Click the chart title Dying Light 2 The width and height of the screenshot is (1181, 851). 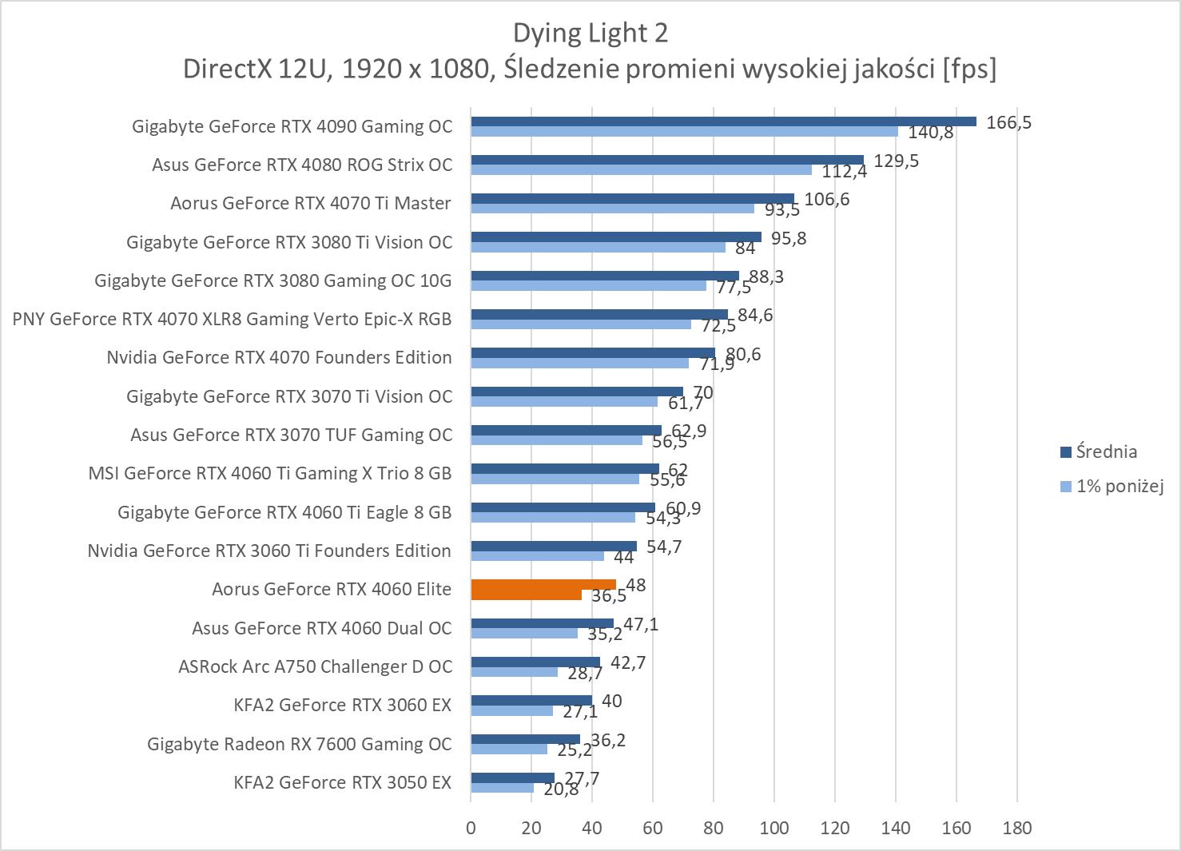click(x=590, y=33)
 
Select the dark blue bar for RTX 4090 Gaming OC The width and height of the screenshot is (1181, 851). click(x=723, y=121)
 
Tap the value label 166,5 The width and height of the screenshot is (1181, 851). click(x=1009, y=122)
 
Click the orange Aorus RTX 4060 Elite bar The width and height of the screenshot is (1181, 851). click(x=543, y=585)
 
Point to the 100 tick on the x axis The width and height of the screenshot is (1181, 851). click(x=773, y=828)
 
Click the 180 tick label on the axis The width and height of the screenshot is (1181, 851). click(x=1016, y=828)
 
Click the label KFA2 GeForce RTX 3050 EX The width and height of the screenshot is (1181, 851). click(x=342, y=782)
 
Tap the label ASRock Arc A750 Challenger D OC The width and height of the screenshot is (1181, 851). click(x=315, y=666)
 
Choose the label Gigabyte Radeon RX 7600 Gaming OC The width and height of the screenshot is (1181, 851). click(x=299, y=744)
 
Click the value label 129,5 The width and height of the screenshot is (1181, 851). click(x=897, y=161)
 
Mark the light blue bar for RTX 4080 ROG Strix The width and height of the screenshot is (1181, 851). click(x=641, y=169)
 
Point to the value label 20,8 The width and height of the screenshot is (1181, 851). click(x=561, y=789)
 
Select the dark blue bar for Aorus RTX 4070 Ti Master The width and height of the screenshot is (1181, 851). click(x=632, y=198)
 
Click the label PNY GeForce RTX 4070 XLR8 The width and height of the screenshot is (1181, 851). click(x=232, y=319)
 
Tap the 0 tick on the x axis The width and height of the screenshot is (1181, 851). click(x=471, y=828)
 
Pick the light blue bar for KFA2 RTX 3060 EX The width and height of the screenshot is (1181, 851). click(x=511, y=710)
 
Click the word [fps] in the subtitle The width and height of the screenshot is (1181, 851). click(x=969, y=70)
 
